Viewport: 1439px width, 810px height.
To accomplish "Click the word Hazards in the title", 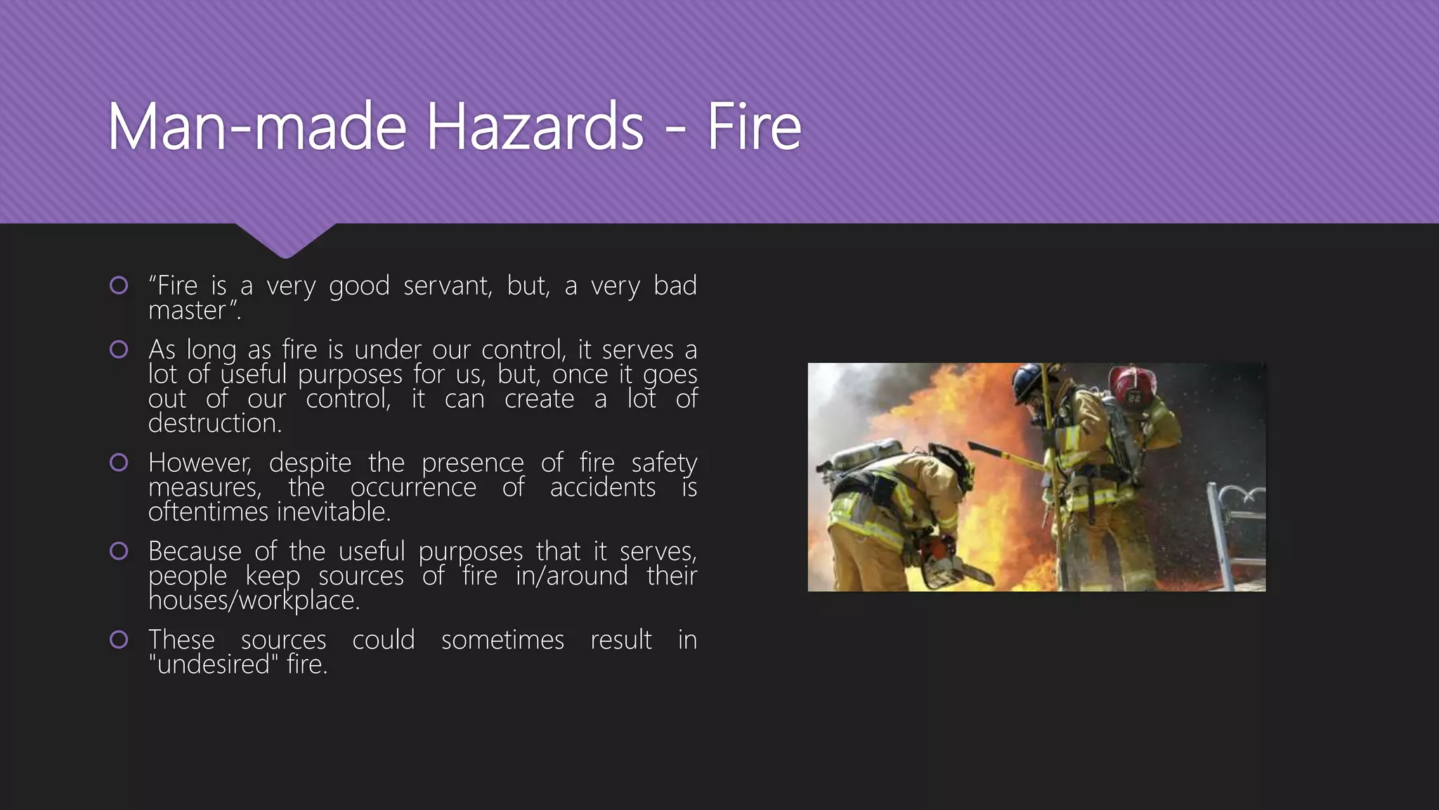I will click(x=535, y=127).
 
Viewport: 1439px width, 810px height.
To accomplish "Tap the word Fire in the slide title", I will click(x=753, y=127).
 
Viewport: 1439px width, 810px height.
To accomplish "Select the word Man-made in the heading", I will click(x=257, y=127).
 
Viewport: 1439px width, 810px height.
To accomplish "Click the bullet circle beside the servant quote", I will click(x=119, y=285).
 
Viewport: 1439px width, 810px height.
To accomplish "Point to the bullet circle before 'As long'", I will click(x=119, y=349).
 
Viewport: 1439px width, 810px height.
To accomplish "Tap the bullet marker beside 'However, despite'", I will click(x=119, y=462).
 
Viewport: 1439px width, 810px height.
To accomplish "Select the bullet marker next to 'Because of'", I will click(x=119, y=551).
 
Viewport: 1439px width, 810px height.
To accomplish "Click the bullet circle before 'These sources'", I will click(x=119, y=639).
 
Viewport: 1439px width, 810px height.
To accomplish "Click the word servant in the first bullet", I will click(x=448, y=285).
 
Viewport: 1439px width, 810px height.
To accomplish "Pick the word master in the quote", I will click(x=187, y=310).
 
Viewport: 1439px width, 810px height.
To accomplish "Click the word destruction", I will click(x=214, y=423).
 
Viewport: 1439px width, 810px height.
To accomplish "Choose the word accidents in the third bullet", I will click(x=603, y=487).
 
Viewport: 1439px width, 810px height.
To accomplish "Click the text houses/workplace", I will click(x=254, y=600).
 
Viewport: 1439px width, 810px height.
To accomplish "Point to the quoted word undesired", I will click(x=214, y=664).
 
